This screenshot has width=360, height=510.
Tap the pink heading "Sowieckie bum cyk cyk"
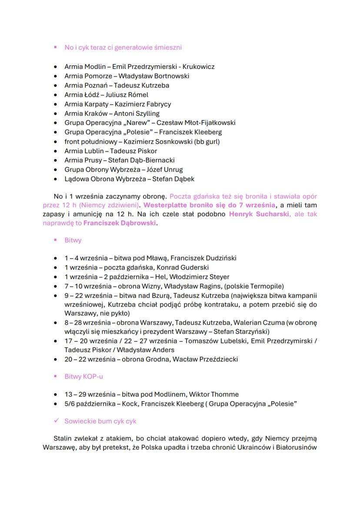[x=100, y=421]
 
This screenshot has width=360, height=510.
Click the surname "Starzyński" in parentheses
[x=251, y=331]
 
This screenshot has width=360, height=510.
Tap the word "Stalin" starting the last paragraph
[x=63, y=438]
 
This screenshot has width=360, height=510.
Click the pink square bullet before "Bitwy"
[x=55, y=240]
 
